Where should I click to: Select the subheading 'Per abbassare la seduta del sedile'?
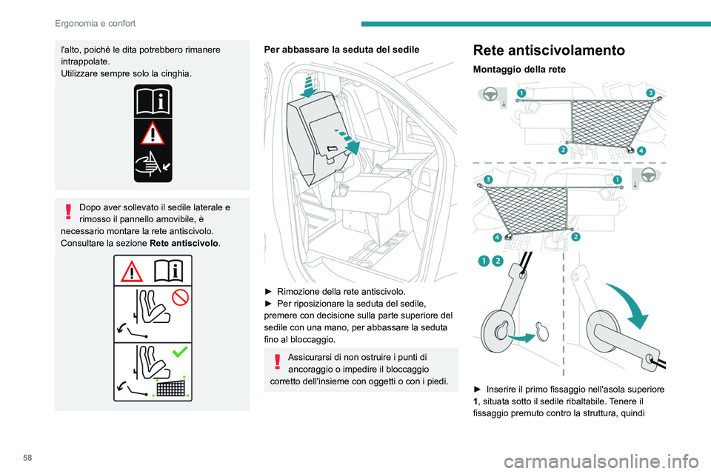click(x=341, y=49)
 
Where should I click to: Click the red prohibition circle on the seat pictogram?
click(x=181, y=298)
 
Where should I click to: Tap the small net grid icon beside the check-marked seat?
click(x=171, y=386)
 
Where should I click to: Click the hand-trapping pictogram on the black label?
click(x=152, y=164)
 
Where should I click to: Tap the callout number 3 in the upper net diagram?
click(x=650, y=93)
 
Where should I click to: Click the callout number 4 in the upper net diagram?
click(x=641, y=150)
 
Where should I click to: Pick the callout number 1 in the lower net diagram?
click(x=617, y=180)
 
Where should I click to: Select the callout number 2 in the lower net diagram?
click(x=575, y=236)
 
